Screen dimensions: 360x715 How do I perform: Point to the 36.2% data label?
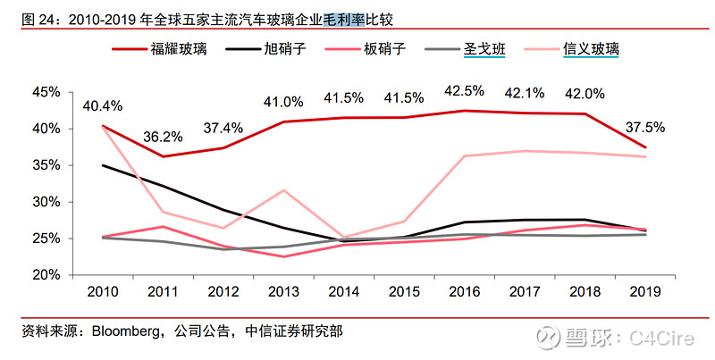pyautogui.click(x=163, y=137)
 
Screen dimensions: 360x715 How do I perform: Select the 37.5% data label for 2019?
pyautogui.click(x=644, y=128)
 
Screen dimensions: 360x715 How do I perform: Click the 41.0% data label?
pyautogui.click(x=283, y=102)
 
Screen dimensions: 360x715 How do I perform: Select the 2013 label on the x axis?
pyautogui.click(x=283, y=292)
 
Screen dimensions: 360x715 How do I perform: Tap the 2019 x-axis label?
pyautogui.click(x=644, y=292)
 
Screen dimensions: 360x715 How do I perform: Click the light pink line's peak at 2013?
pyautogui.click(x=283, y=190)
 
